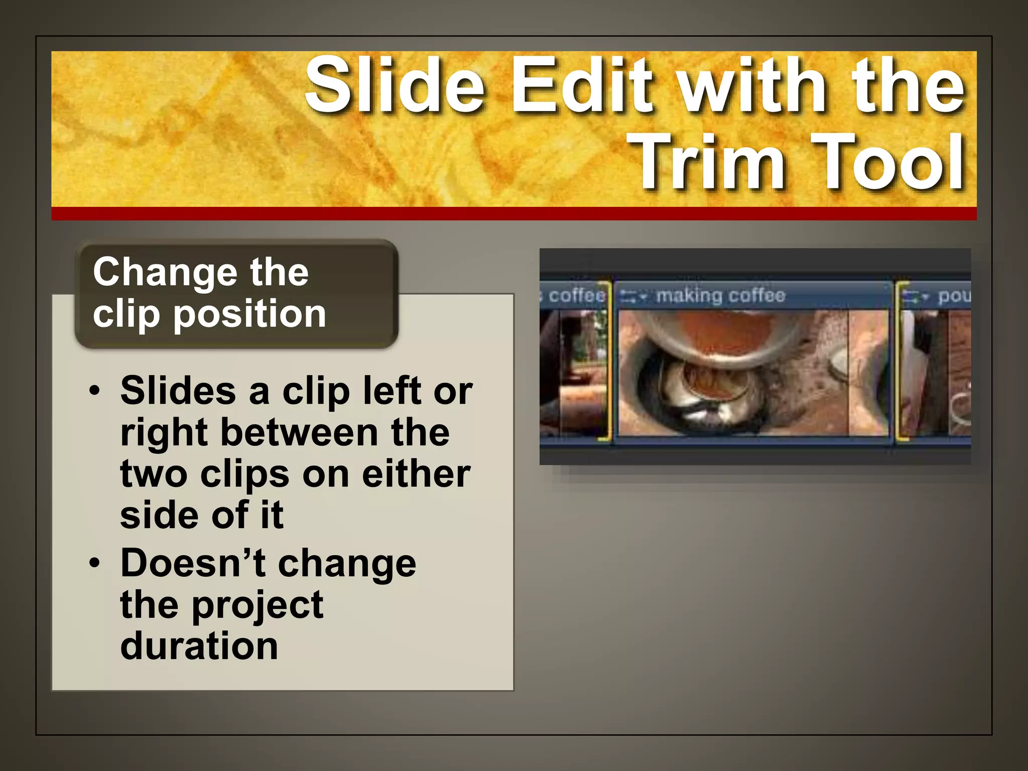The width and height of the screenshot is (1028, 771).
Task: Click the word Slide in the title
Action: (x=396, y=85)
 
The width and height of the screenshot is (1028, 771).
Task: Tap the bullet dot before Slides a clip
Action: (x=95, y=391)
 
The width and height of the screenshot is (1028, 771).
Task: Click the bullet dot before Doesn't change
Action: (x=95, y=563)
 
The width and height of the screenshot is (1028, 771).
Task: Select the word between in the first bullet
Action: (x=300, y=433)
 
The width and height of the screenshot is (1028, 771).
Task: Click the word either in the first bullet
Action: (x=416, y=474)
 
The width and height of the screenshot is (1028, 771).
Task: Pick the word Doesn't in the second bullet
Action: (x=193, y=563)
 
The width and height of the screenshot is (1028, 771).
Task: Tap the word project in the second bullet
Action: (x=258, y=605)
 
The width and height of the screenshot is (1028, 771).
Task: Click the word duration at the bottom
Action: (x=199, y=647)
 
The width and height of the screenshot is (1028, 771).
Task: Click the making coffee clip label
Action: (x=720, y=296)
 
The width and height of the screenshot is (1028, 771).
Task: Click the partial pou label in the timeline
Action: (x=954, y=296)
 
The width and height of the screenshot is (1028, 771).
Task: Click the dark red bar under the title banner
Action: (x=513, y=214)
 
